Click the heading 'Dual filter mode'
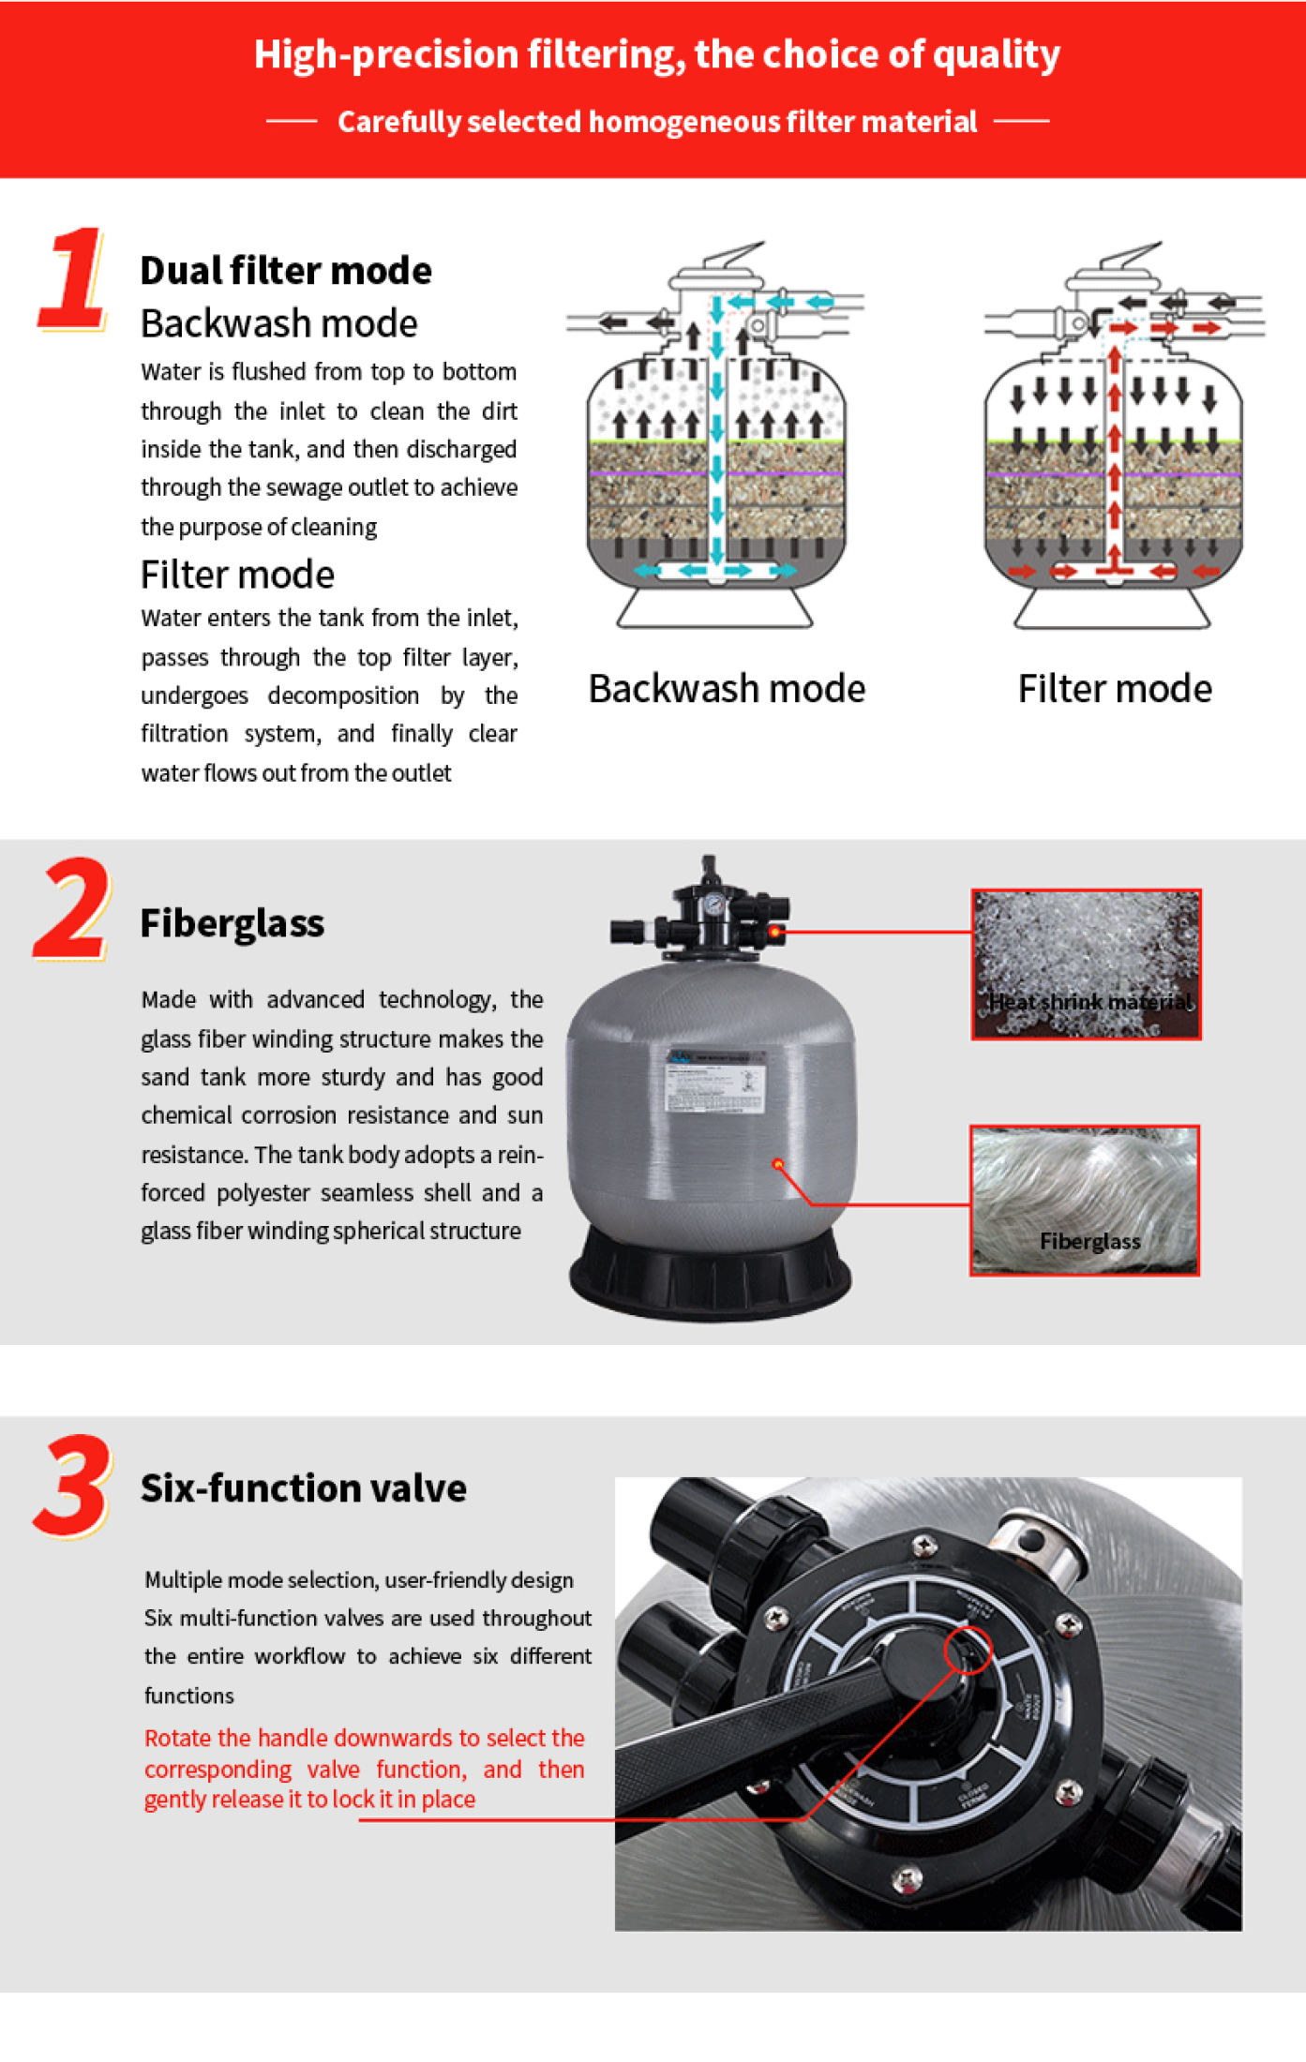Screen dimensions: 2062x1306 pos(286,271)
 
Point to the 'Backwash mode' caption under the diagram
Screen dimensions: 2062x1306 pos(727,689)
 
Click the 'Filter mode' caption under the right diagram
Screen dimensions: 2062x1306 pos(1115,689)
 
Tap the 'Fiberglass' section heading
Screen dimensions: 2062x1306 pos(232,923)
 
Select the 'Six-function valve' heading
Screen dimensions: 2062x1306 pos(303,1488)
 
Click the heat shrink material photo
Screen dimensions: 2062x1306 pos(1086,964)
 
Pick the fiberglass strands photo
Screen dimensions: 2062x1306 pos(1085,1200)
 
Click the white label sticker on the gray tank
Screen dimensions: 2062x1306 pos(715,1083)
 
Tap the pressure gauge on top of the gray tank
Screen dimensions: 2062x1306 pos(714,904)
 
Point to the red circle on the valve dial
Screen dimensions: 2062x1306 pos(968,1650)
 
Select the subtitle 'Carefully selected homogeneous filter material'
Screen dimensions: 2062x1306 pos(656,122)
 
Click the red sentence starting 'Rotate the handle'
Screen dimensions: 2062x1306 pos(364,1768)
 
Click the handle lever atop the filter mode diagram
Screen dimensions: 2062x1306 pos(1133,255)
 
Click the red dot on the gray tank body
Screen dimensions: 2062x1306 pos(777,1163)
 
